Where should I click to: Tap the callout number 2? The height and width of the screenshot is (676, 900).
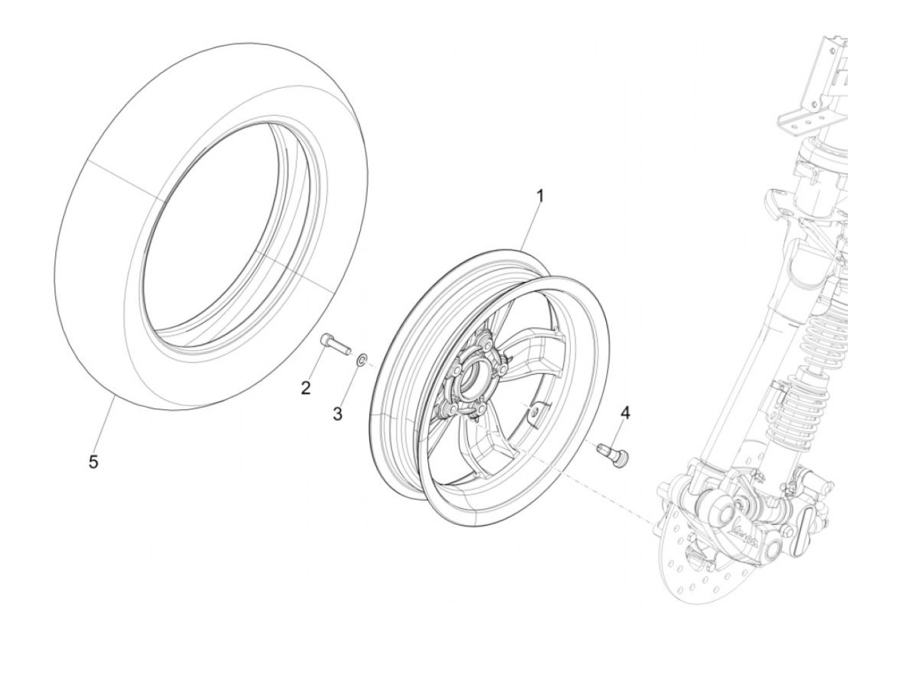click(x=306, y=387)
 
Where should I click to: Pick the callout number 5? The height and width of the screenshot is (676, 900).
click(x=94, y=461)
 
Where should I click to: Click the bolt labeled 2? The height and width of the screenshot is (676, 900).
click(x=334, y=344)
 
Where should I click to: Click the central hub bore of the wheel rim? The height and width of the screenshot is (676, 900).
click(x=473, y=378)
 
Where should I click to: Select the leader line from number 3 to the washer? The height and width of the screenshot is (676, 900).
click(x=350, y=386)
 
